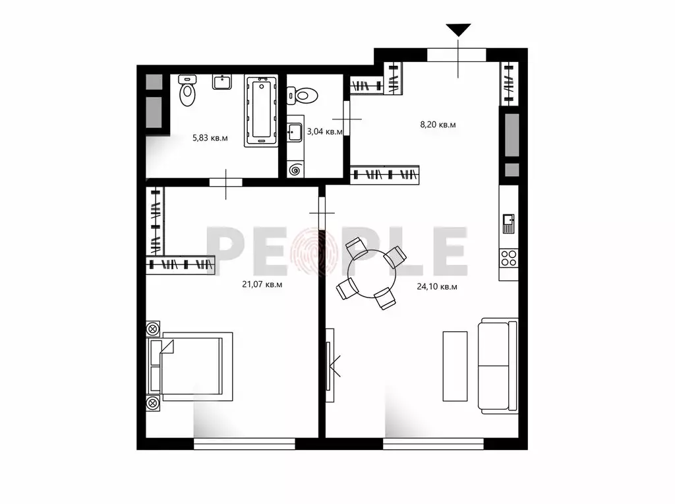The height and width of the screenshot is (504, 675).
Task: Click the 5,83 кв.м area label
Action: point(210,138)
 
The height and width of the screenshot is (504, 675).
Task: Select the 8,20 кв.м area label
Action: point(438,124)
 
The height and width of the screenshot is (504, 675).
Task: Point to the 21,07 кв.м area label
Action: point(263,284)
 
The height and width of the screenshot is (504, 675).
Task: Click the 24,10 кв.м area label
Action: point(437,286)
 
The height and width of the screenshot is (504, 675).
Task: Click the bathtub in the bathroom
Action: point(262,111)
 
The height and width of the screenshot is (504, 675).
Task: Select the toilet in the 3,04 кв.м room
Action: point(303,96)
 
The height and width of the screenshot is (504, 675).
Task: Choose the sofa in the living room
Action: point(499,365)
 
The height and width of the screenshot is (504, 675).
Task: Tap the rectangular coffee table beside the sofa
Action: point(454,365)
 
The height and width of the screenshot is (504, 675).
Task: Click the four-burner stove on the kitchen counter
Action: point(508,257)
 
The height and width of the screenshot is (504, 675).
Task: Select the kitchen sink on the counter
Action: point(508,223)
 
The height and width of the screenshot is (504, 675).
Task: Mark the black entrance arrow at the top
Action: point(459,30)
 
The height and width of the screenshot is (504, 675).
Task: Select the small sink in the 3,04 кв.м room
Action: point(294,132)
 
